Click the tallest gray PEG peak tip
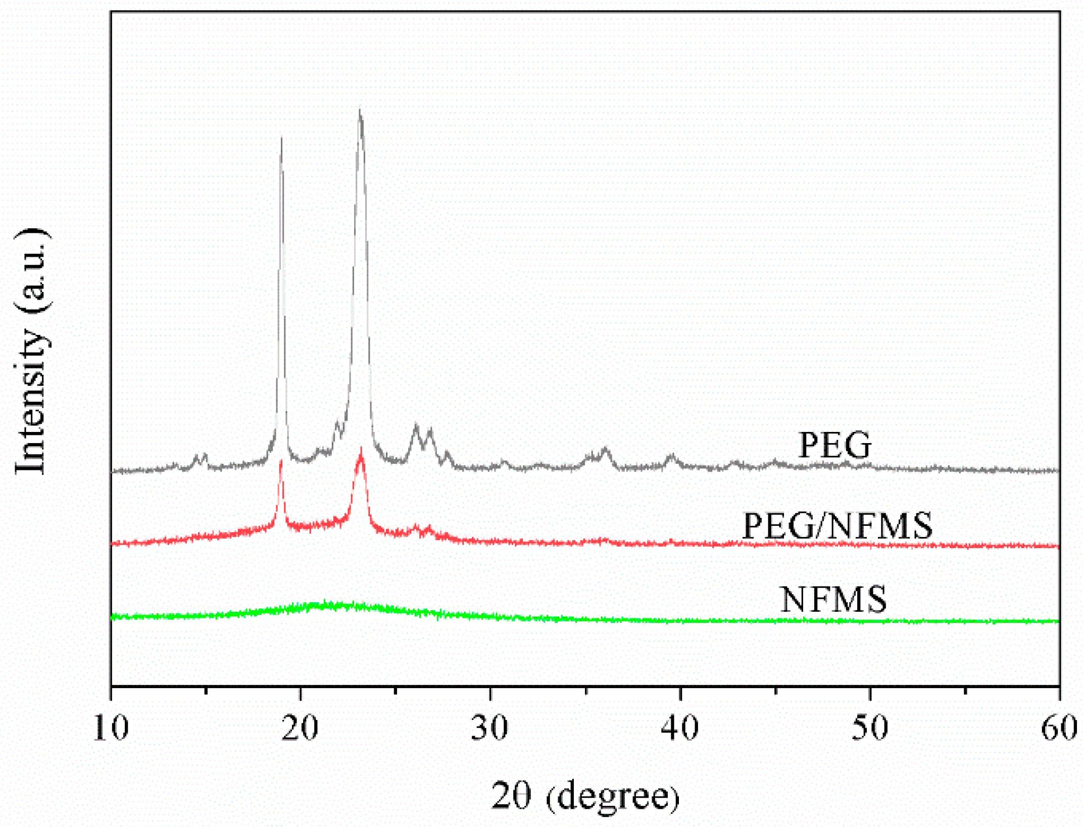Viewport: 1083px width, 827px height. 360,111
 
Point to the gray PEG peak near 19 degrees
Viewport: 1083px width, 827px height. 281,139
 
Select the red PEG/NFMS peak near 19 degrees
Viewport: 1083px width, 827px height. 281,462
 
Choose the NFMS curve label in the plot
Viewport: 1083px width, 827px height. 833,600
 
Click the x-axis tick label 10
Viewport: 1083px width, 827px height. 111,729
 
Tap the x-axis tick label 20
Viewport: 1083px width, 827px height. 301,729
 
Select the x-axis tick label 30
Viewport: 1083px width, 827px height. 490,729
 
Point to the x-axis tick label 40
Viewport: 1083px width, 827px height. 680,729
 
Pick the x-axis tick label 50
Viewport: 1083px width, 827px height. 870,729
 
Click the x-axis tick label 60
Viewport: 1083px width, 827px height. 1059,729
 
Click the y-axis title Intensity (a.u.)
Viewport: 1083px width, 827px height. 31,352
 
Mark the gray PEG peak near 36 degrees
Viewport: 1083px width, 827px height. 605,449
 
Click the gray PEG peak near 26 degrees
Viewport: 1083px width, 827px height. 416,426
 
